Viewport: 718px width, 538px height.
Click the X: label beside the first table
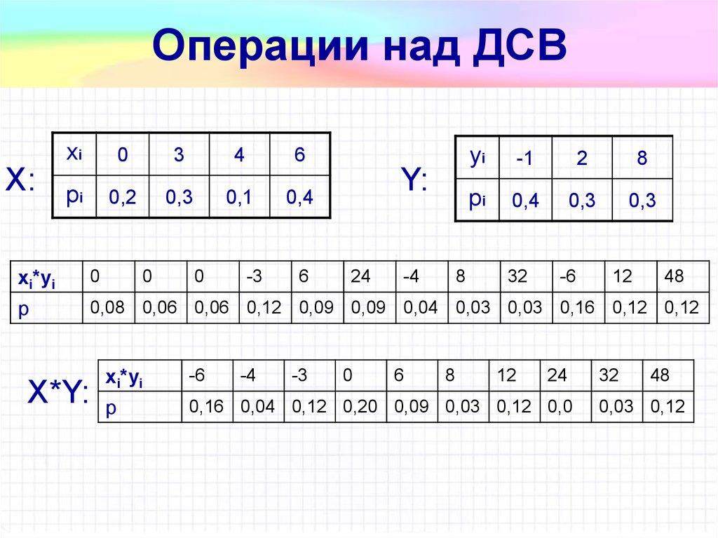pos(21,180)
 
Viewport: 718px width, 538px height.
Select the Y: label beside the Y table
pos(414,182)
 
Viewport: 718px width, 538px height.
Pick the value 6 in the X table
pos(299,155)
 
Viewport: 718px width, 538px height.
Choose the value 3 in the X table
pos(179,155)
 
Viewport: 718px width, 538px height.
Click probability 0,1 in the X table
pos(239,198)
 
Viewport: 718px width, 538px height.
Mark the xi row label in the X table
pos(74,154)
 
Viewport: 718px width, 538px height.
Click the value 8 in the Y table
pos(642,159)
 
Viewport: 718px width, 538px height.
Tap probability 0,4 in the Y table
pos(525,202)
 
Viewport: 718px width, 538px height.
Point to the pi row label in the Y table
pos(478,199)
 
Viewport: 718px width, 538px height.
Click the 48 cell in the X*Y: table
pos(660,376)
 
